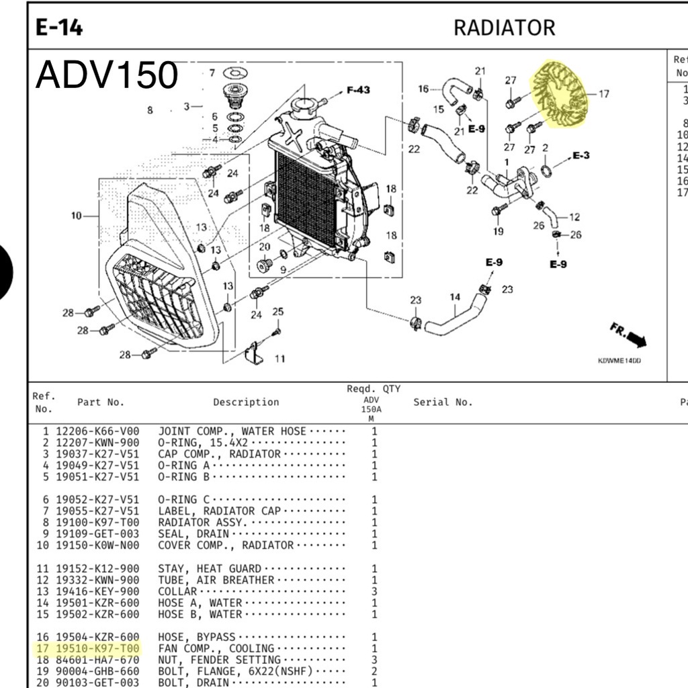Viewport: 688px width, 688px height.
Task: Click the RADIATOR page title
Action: (504, 28)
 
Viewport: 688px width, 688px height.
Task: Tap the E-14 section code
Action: (59, 28)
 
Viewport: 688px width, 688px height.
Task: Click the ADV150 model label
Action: (107, 75)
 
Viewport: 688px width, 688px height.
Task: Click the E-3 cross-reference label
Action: (581, 156)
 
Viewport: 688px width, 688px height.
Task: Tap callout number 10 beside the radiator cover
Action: (76, 216)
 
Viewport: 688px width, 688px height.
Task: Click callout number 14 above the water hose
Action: (455, 297)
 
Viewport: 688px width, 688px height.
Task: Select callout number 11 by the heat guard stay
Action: (279, 359)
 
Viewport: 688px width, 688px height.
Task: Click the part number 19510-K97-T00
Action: (97, 648)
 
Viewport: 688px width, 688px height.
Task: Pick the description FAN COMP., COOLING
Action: (216, 648)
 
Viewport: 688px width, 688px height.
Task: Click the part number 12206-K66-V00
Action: (97, 431)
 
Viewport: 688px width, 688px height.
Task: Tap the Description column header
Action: (246, 402)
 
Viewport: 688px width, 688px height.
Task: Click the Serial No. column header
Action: (443, 402)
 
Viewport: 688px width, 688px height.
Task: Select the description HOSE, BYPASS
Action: (197, 637)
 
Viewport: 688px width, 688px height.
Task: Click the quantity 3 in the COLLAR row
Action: (374, 591)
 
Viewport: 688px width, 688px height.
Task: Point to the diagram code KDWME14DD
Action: (619, 361)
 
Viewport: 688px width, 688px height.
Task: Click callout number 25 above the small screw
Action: (278, 312)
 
